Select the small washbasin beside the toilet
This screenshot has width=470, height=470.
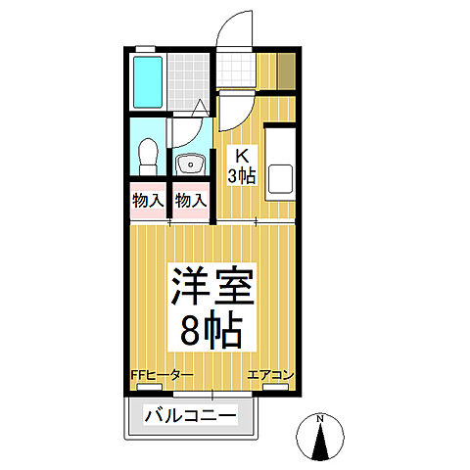click(189, 163)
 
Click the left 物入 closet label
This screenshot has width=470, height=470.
click(148, 200)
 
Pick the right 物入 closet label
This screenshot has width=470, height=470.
click(191, 200)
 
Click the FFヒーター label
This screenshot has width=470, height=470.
click(163, 375)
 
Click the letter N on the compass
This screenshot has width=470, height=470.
click(321, 419)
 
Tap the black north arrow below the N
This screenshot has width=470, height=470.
click(321, 444)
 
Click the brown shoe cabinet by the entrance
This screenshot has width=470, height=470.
click(285, 70)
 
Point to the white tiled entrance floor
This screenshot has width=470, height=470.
click(235, 70)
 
